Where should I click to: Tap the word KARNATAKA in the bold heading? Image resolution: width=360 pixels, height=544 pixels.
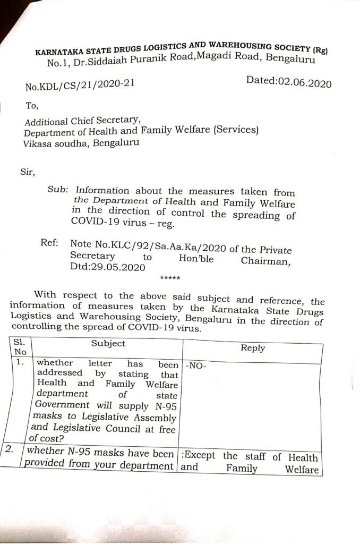(58, 52)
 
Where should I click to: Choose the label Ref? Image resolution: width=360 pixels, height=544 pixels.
(50, 243)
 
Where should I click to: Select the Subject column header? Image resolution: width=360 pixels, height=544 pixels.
(108, 343)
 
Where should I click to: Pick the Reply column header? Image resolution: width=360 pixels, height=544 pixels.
(253, 348)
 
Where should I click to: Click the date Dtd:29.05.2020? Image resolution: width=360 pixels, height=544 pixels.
(107, 268)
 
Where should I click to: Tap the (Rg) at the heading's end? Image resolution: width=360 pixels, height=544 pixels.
(320, 50)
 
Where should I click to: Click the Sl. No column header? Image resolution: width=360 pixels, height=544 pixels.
(20, 347)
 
